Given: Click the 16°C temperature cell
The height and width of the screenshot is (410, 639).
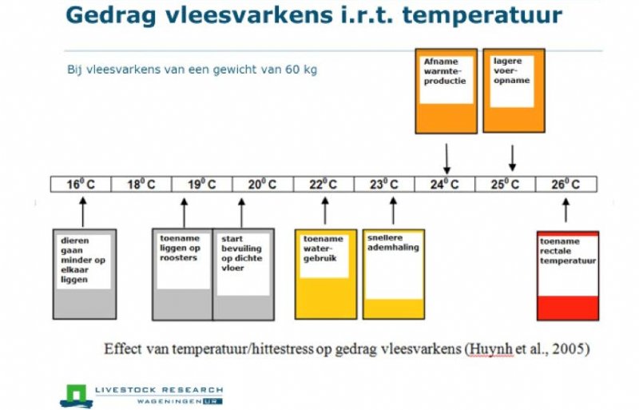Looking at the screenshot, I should point(80,184).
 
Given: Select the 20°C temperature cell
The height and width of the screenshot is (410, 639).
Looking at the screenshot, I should point(262,184).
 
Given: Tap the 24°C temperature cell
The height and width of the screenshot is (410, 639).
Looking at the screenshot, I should point(445,184).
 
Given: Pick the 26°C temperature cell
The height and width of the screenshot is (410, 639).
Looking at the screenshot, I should point(566,184).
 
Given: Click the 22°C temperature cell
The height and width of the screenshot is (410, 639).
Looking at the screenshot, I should point(323,184).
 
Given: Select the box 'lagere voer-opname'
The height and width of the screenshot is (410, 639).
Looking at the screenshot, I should point(514,90).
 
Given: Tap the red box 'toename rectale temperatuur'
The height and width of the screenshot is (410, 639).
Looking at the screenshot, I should point(568,275).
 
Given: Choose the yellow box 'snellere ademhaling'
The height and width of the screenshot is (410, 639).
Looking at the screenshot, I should point(393,273).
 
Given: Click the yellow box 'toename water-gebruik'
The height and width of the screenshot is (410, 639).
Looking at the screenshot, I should point(325,273).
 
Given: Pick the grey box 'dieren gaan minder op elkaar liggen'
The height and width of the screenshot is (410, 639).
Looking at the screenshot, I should point(84,273).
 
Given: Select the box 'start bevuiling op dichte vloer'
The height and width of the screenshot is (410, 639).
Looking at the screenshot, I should point(243,273).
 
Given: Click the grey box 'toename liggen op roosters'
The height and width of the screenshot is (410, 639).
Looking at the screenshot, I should point(183,273).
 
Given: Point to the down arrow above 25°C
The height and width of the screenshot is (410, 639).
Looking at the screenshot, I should point(513,157).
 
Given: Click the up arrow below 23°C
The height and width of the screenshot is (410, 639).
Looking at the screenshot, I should point(392,211).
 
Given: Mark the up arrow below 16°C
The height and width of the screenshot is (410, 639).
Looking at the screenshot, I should point(82,212).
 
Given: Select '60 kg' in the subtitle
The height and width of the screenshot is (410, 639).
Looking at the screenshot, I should point(300,70).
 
